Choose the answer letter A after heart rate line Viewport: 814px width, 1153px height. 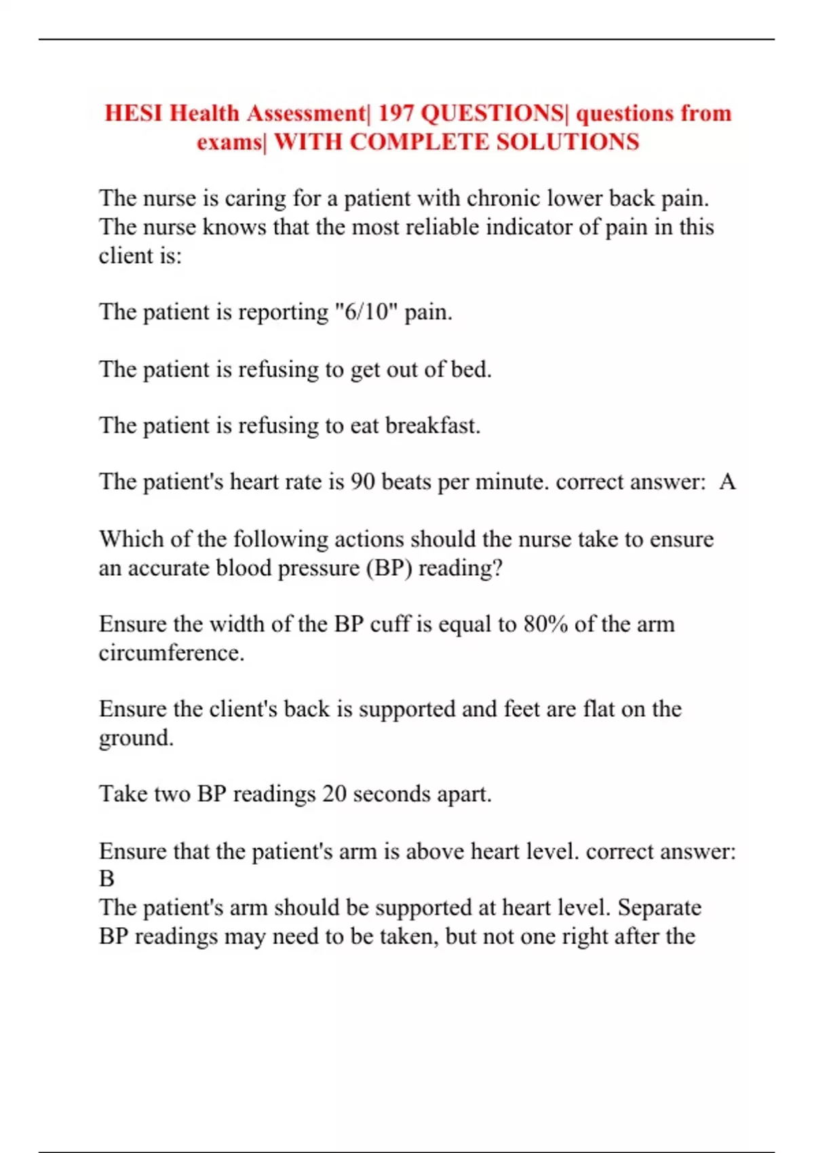click(727, 482)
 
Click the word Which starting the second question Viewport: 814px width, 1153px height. click(131, 539)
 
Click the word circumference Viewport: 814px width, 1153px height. click(171, 652)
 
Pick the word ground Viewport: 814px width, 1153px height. click(136, 738)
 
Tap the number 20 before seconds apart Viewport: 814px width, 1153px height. click(334, 794)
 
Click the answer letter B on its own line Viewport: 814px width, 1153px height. click(107, 879)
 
